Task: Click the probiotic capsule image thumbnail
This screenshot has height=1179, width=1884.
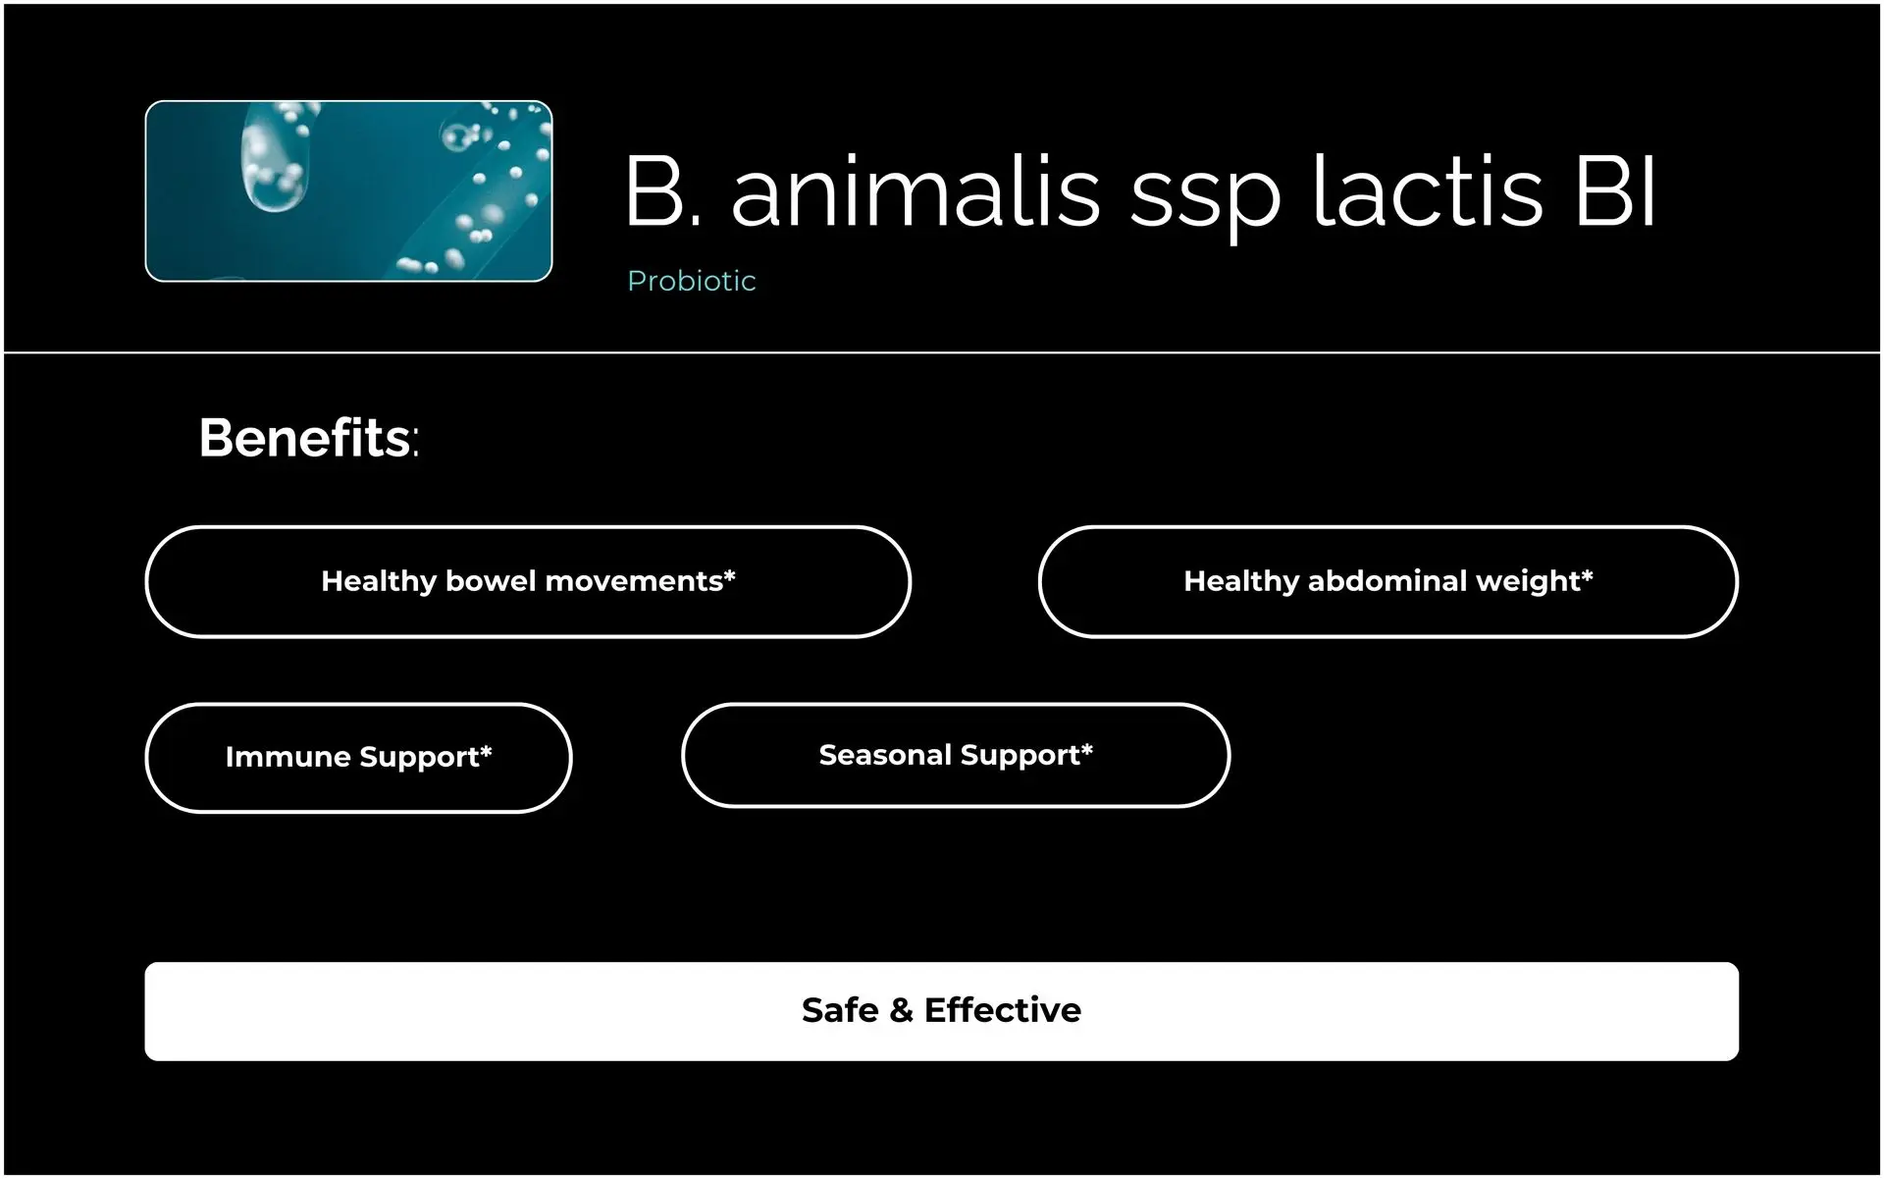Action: coord(348,191)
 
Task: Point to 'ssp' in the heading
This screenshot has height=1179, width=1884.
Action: coord(1206,201)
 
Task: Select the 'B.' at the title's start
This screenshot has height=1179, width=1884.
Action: coord(663,191)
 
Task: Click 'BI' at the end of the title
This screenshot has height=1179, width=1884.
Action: coord(1615,191)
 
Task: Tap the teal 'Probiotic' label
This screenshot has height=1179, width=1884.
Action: coord(692,281)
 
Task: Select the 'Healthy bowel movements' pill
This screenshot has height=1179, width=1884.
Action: coord(528,582)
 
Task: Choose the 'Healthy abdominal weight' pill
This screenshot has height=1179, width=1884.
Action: coord(1388,582)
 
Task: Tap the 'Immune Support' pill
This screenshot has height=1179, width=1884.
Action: coord(358,758)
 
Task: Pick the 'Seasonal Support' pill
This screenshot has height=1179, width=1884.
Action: coord(956,756)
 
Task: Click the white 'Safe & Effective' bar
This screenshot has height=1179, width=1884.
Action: coord(942,1011)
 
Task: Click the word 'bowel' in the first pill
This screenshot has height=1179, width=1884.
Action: coord(491,581)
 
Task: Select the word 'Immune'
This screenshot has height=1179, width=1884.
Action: coord(288,757)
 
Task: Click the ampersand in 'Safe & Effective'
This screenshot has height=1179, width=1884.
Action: coord(901,1010)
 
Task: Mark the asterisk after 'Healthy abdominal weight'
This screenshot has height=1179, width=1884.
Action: coord(1587,575)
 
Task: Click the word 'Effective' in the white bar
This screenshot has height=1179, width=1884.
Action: coord(1003,1010)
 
